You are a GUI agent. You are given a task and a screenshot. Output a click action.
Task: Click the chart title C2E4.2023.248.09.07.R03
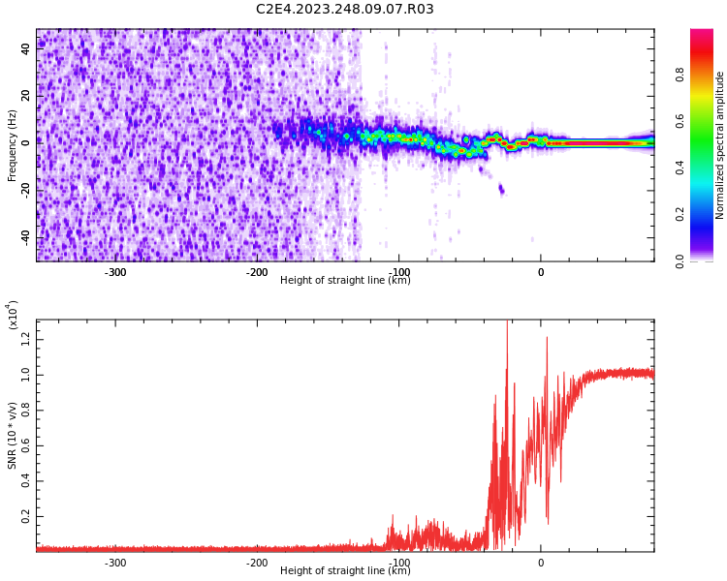coord(344,10)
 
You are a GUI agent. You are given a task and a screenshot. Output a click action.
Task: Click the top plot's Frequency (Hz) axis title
coord(13,145)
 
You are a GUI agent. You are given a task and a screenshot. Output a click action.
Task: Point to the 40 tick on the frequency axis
coord(25,49)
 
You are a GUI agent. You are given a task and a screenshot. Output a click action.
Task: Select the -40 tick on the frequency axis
coord(23,237)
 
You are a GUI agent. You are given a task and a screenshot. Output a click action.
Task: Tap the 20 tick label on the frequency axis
coord(25,96)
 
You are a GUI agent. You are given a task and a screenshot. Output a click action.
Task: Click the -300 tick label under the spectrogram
coord(115,272)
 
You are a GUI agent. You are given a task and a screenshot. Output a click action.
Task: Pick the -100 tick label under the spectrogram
coord(398,272)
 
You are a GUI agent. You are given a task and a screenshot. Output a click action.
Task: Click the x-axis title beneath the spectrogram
coord(345,281)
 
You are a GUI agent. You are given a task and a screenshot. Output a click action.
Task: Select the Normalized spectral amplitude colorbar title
coord(720,145)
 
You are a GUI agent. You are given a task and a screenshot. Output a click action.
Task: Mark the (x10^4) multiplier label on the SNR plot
coord(13,315)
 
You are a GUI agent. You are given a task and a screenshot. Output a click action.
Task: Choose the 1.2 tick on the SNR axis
coord(24,338)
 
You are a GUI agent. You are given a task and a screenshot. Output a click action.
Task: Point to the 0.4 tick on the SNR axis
coord(24,481)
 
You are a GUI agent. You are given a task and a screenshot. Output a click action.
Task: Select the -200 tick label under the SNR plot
coord(257,563)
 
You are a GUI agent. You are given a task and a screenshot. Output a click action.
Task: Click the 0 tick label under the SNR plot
coord(541,563)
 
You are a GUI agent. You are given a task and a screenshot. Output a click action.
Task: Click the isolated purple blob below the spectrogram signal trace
coord(501,189)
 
